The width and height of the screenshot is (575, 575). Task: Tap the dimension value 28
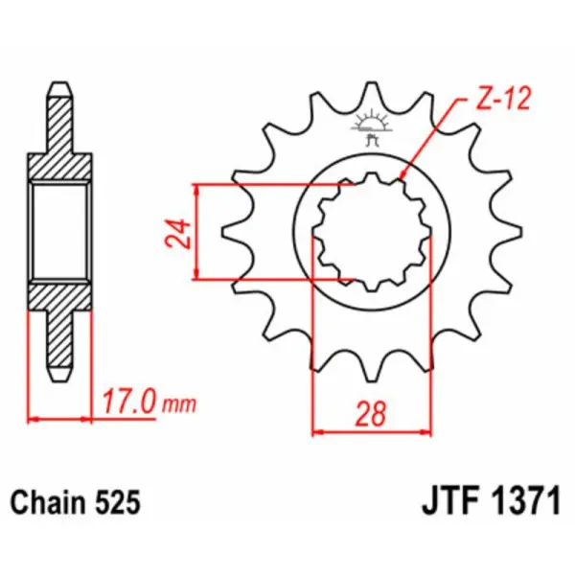coord(374,414)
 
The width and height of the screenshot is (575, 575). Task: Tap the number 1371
coord(523,501)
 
